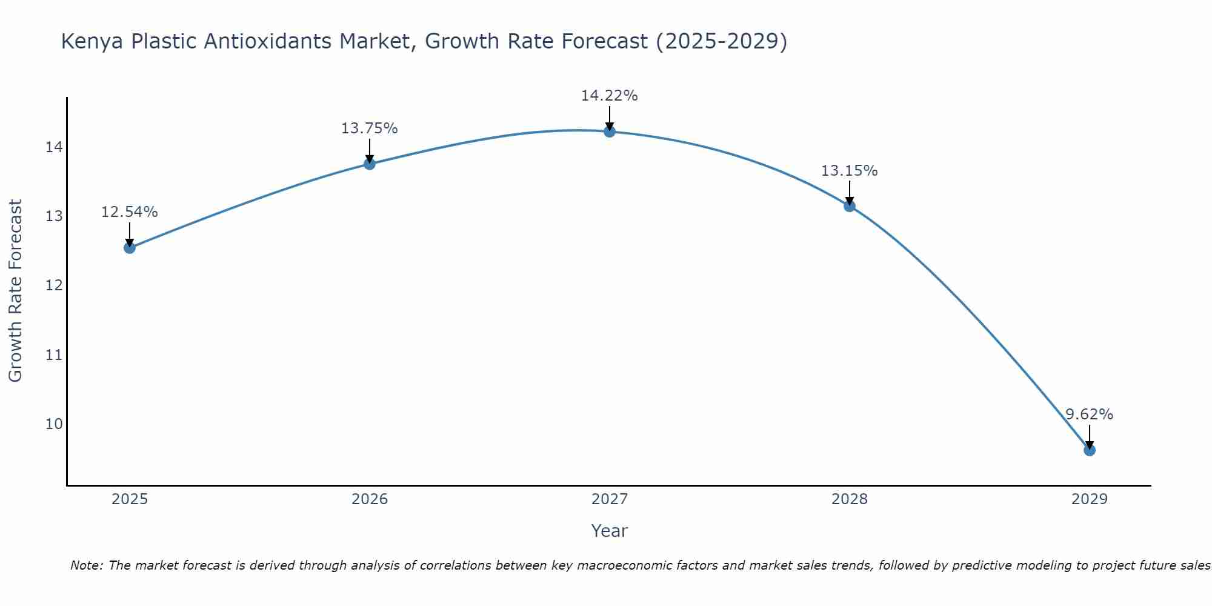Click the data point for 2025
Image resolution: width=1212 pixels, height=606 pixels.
pyautogui.click(x=130, y=247)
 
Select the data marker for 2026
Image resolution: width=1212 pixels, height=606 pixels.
pyautogui.click(x=370, y=164)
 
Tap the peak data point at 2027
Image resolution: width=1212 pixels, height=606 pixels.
pyautogui.click(x=610, y=132)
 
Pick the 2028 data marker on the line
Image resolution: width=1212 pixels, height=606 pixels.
pyautogui.click(x=850, y=205)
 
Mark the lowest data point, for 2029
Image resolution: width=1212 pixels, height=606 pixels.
pyautogui.click(x=1090, y=450)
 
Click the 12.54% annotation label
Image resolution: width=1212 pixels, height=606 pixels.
pyautogui.click(x=130, y=212)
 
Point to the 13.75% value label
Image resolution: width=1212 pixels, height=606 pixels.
pyautogui.click(x=370, y=128)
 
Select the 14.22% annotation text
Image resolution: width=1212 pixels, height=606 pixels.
pyautogui.click(x=610, y=96)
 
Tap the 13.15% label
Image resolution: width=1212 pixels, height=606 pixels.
pyautogui.click(x=850, y=171)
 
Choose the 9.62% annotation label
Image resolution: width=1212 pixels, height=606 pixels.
pyautogui.click(x=1090, y=415)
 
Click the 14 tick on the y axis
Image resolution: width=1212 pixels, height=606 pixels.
pyautogui.click(x=54, y=147)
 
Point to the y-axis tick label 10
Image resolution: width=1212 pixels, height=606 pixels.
pyautogui.click(x=54, y=424)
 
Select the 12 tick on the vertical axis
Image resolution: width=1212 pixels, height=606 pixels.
pyautogui.click(x=54, y=285)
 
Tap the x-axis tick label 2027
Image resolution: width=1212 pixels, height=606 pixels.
pyautogui.click(x=610, y=499)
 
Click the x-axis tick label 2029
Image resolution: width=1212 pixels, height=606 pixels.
pyautogui.click(x=1090, y=499)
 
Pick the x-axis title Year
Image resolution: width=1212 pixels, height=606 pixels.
pyautogui.click(x=610, y=531)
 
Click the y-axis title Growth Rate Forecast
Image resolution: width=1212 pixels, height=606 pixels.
pyautogui.click(x=16, y=291)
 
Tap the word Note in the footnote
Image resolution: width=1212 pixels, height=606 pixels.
pyautogui.click(x=87, y=565)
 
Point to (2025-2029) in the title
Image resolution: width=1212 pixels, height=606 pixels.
pyautogui.click(x=721, y=42)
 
